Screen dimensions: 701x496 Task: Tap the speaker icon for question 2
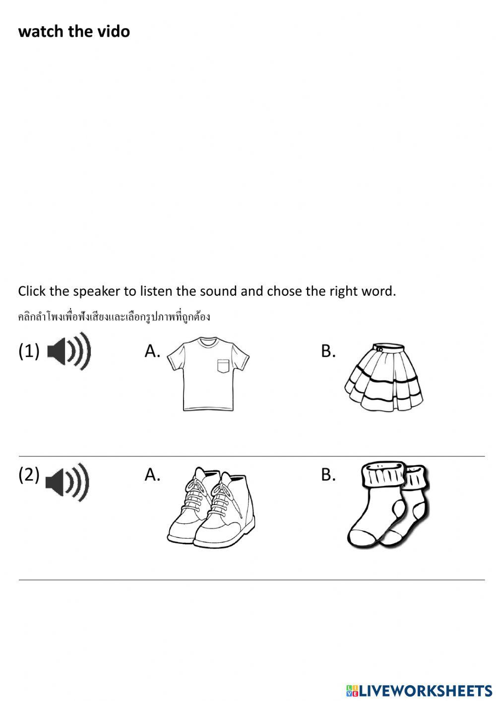(x=67, y=482)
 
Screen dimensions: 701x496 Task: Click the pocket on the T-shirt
(x=224, y=366)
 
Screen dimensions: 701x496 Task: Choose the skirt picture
(x=384, y=377)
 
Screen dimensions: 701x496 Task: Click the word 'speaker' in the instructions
(x=97, y=291)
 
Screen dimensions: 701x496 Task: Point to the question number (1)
(x=29, y=351)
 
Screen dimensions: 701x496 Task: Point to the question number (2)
(x=29, y=475)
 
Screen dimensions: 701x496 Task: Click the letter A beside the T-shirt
(x=152, y=351)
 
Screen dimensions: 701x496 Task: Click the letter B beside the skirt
(x=328, y=351)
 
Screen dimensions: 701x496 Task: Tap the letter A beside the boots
(x=152, y=475)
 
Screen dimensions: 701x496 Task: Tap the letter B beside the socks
(x=328, y=475)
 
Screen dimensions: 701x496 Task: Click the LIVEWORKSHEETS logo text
(x=426, y=690)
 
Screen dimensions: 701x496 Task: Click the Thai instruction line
(x=114, y=317)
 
